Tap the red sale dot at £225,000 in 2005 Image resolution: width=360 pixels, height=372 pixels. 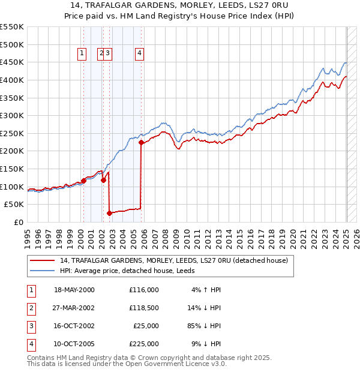tap(141, 143)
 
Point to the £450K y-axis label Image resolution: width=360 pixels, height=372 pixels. tap(12, 62)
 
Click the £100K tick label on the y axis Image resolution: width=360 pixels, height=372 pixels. tap(12, 187)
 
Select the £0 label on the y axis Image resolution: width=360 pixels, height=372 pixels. tap(18, 223)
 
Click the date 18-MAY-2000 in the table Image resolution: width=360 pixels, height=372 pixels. tap(74, 290)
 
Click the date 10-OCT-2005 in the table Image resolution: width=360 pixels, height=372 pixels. tap(74, 344)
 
